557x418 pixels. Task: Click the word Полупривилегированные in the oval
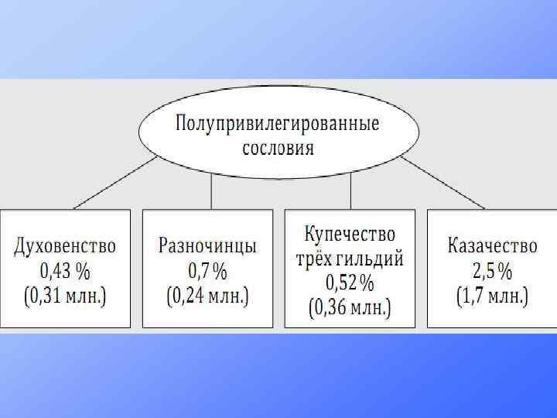[x=277, y=123]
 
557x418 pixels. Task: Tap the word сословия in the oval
[x=277, y=147]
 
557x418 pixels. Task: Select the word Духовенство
[x=65, y=247]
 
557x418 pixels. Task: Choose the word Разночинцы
[x=207, y=247]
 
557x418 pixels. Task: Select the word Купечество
[x=350, y=235]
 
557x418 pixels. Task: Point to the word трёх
[x=315, y=258]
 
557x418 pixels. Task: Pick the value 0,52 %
[x=350, y=282]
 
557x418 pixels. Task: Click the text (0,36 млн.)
[x=350, y=307]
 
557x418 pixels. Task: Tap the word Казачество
[x=492, y=247]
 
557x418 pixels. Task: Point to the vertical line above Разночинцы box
[x=212, y=191]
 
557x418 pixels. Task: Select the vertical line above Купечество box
[x=350, y=191]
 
